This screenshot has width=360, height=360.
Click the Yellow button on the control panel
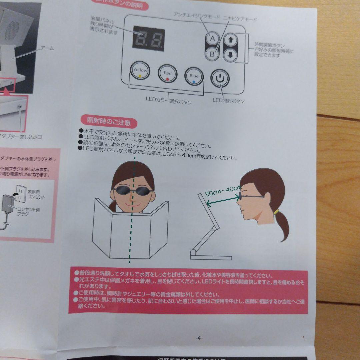point(140,71)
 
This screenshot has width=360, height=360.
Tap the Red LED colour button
point(167,73)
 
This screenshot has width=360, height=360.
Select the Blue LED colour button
point(194,76)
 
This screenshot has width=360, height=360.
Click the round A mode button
point(212,39)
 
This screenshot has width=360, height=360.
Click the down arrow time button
point(230,55)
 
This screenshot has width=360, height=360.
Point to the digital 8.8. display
point(148,38)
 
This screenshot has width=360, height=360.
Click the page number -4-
point(198,338)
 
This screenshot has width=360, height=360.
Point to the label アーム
point(47,49)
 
